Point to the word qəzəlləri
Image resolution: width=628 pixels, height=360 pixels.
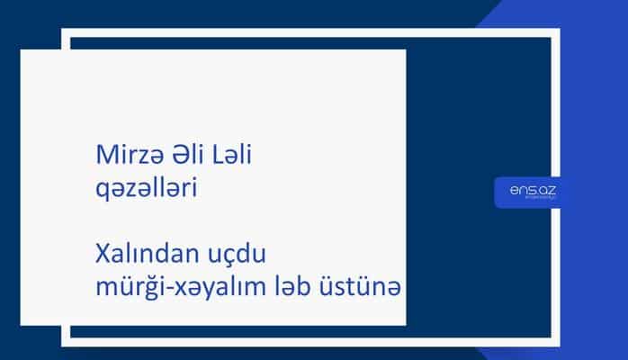pyautogui.click(x=145, y=189)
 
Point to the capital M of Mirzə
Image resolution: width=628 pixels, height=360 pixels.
pyautogui.click(x=103, y=155)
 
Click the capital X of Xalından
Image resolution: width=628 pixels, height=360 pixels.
pyautogui.click(x=100, y=252)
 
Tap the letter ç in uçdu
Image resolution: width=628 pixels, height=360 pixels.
pyautogui.click(x=234, y=254)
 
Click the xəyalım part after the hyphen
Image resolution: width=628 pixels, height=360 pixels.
pyautogui.click(x=220, y=286)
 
